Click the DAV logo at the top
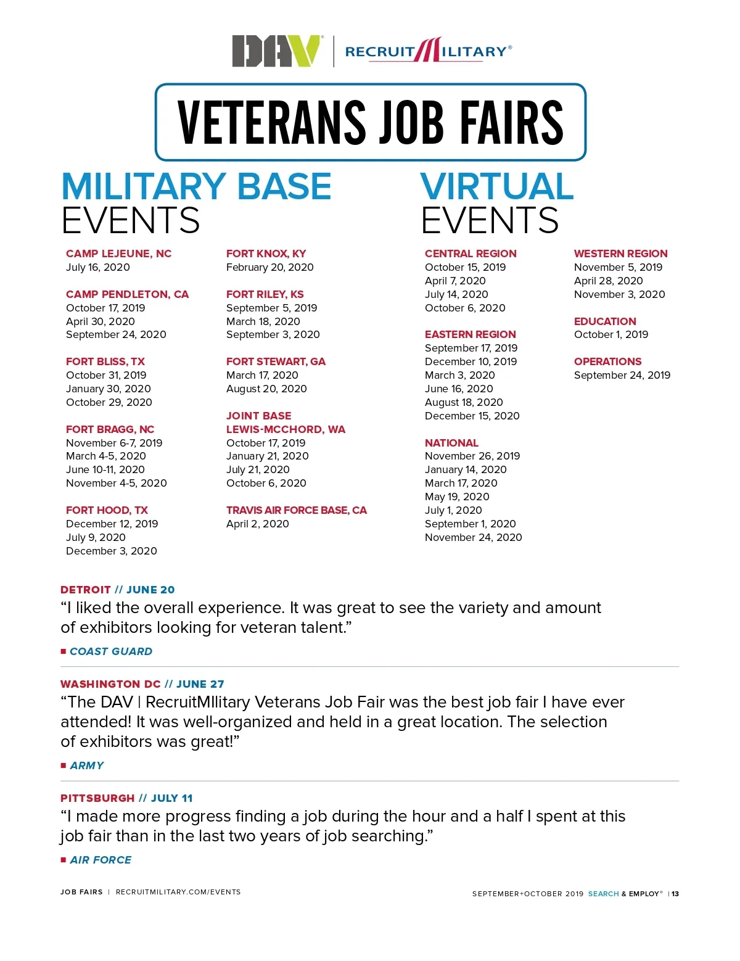[276, 51]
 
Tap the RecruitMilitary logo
[428, 51]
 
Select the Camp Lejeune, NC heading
[118, 254]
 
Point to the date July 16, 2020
[98, 267]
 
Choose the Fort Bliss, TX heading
[105, 361]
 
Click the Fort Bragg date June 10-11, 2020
[105, 469]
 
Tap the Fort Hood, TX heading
[107, 510]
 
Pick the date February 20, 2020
[269, 267]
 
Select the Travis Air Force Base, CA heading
[296, 510]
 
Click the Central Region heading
[471, 254]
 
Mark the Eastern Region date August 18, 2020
[464, 402]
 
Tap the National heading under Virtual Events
[451, 443]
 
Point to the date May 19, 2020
[457, 497]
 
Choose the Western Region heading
[620, 254]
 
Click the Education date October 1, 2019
[611, 334]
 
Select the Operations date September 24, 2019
[622, 375]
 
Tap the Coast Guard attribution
[111, 651]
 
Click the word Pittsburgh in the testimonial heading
[97, 798]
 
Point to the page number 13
[675, 894]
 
